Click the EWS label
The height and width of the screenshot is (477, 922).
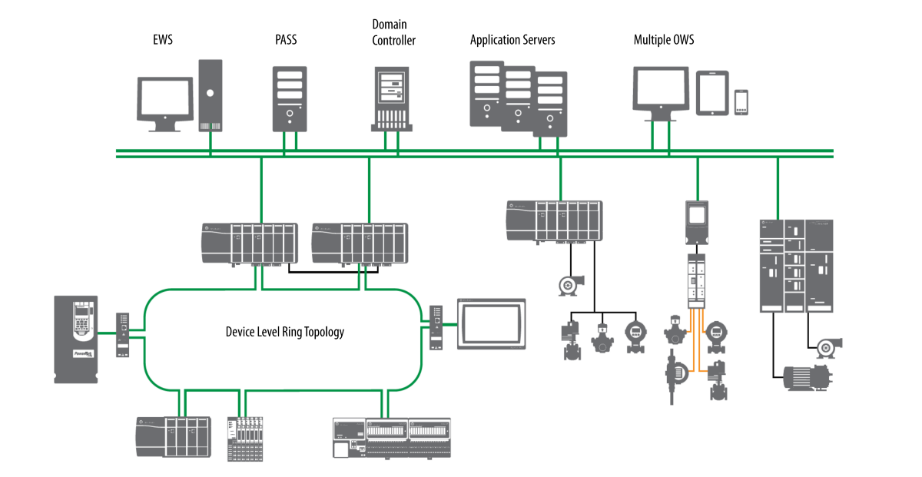163,38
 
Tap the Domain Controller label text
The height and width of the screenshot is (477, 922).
393,33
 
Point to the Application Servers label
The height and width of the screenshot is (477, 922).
512,38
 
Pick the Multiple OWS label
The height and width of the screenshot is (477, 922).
663,38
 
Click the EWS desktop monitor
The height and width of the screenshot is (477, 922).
164,102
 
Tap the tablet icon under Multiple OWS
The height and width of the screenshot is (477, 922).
712,93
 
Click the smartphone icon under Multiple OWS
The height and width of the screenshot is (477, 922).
741,102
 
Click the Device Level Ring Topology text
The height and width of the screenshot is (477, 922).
284,332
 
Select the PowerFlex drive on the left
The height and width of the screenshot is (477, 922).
77,339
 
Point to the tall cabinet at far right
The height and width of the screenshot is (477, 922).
795,264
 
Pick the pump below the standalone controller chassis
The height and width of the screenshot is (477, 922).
571,285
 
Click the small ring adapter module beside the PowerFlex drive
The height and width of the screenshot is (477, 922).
122,334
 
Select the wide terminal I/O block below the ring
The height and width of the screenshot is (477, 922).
392,438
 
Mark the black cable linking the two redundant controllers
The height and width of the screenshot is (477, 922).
335,271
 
